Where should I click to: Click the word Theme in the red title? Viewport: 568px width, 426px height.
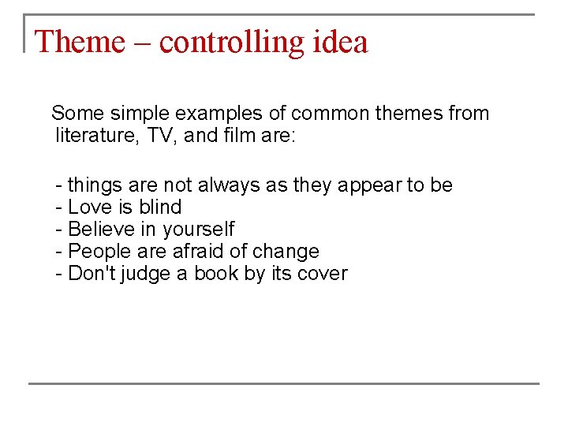pos(80,42)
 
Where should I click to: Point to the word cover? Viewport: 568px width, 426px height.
pos(322,274)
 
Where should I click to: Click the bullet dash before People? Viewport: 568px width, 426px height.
pos(59,252)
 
